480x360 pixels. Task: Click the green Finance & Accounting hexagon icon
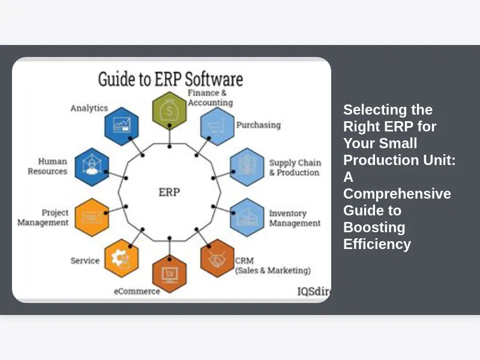click(x=169, y=110)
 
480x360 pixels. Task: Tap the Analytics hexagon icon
click(x=122, y=126)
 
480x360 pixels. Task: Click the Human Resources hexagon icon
click(x=92, y=166)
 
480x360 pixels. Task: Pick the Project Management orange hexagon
click(x=92, y=217)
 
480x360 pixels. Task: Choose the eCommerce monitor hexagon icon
click(x=169, y=273)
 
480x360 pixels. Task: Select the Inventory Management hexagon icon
click(x=247, y=217)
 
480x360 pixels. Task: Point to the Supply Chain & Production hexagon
click(x=247, y=166)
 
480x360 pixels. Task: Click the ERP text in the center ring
click(x=169, y=192)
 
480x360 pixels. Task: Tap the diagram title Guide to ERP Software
click(x=170, y=79)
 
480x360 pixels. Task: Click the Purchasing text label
click(x=258, y=125)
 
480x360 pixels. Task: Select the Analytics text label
click(x=89, y=108)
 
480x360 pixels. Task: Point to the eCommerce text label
click(x=137, y=291)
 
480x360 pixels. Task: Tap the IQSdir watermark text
click(x=314, y=291)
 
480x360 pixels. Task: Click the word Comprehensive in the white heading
click(x=397, y=194)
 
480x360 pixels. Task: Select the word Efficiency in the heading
click(x=377, y=244)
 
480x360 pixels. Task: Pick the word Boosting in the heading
click(x=374, y=227)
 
